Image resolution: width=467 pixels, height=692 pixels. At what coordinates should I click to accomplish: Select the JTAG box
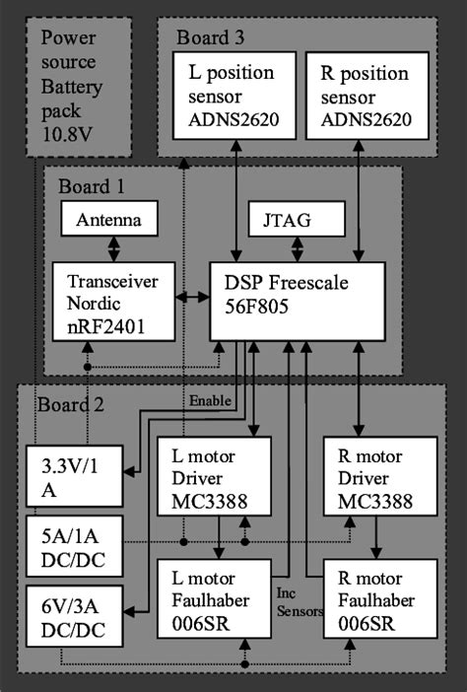295,219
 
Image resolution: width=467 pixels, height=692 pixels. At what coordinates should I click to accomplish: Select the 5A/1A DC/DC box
74,547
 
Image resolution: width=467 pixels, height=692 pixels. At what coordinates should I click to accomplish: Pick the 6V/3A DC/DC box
74,615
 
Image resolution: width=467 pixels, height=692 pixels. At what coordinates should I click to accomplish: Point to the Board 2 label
71,404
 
